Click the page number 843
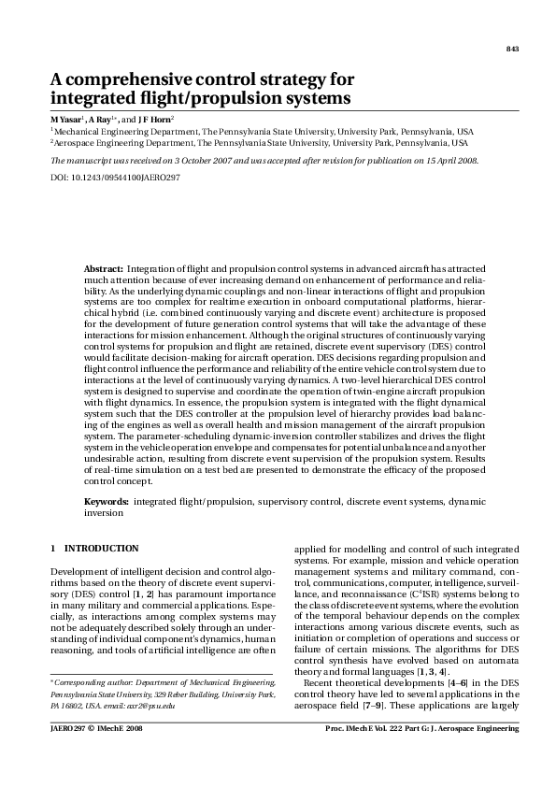click(512, 49)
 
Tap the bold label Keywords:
click(107, 502)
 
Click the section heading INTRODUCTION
click(102, 548)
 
